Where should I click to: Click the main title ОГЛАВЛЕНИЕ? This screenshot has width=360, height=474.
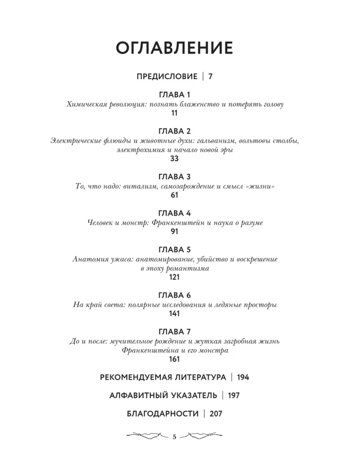pyautogui.click(x=174, y=48)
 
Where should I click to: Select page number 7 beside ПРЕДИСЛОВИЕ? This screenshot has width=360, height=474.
pyautogui.click(x=210, y=76)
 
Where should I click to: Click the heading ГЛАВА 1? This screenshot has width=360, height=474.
pyautogui.click(x=174, y=95)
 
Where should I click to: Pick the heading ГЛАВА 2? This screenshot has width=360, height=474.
pyautogui.click(x=174, y=131)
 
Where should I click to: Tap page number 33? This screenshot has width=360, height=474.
pyautogui.click(x=174, y=159)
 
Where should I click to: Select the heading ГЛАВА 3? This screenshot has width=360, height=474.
pyautogui.click(x=174, y=177)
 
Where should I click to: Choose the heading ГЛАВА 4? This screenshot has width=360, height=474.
pyautogui.click(x=174, y=213)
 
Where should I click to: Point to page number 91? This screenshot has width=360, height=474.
pyautogui.click(x=174, y=232)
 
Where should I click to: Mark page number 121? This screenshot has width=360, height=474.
pyautogui.click(x=174, y=277)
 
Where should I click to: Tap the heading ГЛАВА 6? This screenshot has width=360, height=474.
pyautogui.click(x=174, y=295)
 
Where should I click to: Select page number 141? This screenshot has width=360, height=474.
pyautogui.click(x=174, y=314)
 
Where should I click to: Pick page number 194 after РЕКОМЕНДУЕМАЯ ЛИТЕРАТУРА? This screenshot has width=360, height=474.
pyautogui.click(x=243, y=377)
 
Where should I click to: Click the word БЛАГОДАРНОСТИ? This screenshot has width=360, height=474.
pyautogui.click(x=163, y=414)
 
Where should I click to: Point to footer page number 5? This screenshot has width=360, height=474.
pyautogui.click(x=174, y=437)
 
